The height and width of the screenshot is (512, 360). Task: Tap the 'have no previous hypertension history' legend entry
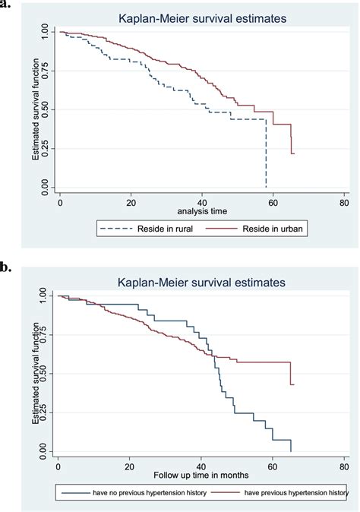[125, 493]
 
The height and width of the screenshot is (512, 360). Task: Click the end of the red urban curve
[293, 153]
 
